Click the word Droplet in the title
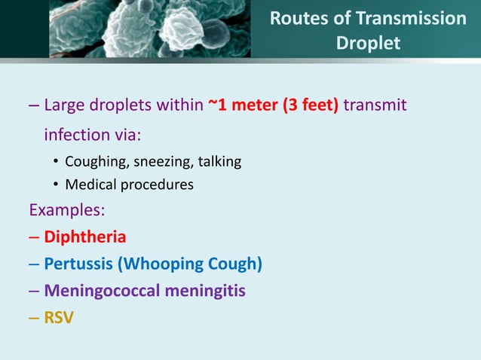(x=368, y=43)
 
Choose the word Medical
(x=90, y=184)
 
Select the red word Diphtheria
(x=84, y=236)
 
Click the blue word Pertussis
(x=78, y=264)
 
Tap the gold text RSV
(x=59, y=317)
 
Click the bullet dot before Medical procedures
(x=56, y=185)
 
